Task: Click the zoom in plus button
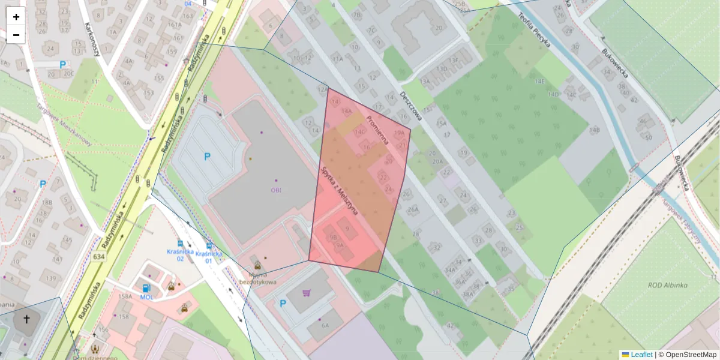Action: [16, 17]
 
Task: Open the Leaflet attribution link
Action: [641, 355]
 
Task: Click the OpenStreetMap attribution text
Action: [691, 355]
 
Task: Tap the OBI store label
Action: [276, 190]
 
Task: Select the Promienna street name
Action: [377, 131]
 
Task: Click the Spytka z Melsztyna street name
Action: [340, 191]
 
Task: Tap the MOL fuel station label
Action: [147, 297]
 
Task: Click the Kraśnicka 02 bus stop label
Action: [180, 255]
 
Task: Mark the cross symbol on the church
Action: [26, 319]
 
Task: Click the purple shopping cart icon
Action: [307, 293]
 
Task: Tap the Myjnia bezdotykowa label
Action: [258, 278]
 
